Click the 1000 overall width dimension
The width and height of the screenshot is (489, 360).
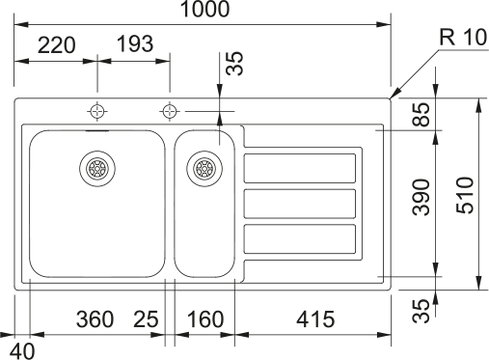point(205,9)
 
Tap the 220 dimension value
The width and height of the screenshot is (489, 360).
point(57,45)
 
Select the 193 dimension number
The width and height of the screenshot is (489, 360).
point(135,43)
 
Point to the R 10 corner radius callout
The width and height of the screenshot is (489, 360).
point(463,38)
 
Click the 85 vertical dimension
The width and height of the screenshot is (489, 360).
point(421,114)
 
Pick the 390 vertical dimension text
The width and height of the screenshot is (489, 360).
point(421,197)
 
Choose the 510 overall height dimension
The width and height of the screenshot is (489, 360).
point(465,195)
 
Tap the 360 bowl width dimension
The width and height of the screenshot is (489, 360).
point(95,319)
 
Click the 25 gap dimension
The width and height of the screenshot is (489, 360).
point(146,319)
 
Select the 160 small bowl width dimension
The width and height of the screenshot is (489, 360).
point(205,319)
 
